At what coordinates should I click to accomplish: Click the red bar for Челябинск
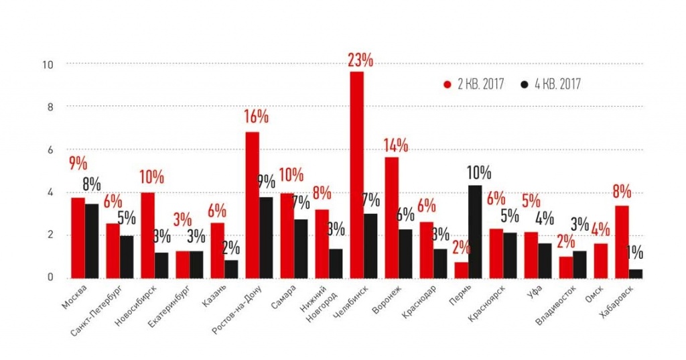click(x=356, y=174)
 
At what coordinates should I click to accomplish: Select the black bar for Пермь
click(x=476, y=231)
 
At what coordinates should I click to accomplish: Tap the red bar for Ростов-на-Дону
click(x=252, y=204)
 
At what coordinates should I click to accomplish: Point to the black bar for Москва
click(x=91, y=241)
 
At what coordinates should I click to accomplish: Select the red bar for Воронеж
click(x=391, y=217)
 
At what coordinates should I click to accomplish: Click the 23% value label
click(x=360, y=60)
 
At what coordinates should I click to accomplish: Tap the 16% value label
click(x=256, y=117)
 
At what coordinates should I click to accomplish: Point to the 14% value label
click(x=395, y=145)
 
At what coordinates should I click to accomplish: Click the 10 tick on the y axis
click(x=47, y=64)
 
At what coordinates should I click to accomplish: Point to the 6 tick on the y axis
click(x=49, y=150)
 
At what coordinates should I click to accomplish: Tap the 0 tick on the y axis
click(x=49, y=278)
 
